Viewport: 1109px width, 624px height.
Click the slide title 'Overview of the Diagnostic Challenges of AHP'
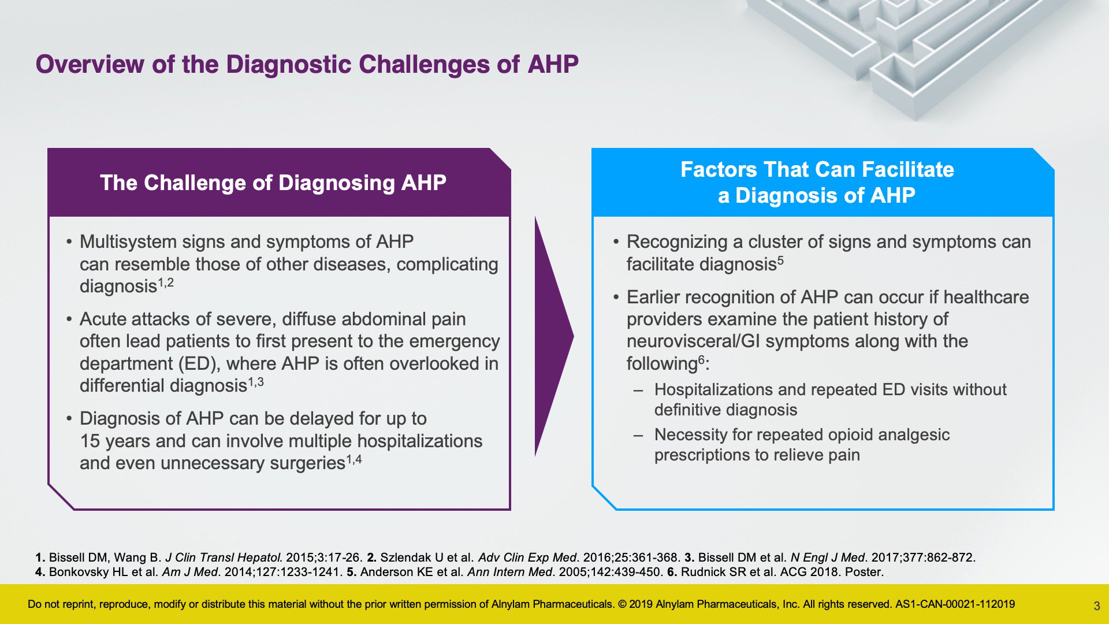click(x=307, y=65)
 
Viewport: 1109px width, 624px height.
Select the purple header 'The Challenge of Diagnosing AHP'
click(x=273, y=183)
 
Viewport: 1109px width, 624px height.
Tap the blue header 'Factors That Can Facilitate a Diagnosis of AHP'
click(x=817, y=182)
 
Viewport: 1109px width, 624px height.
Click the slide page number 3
click(x=1096, y=606)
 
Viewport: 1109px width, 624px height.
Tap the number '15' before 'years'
click(x=90, y=441)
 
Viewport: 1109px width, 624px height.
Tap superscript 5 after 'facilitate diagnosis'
click(x=780, y=260)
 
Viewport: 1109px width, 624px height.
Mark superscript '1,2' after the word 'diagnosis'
click(x=166, y=283)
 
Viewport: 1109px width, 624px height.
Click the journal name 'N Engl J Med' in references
click(x=828, y=558)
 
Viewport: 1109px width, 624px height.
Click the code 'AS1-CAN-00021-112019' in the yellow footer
click(x=955, y=604)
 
